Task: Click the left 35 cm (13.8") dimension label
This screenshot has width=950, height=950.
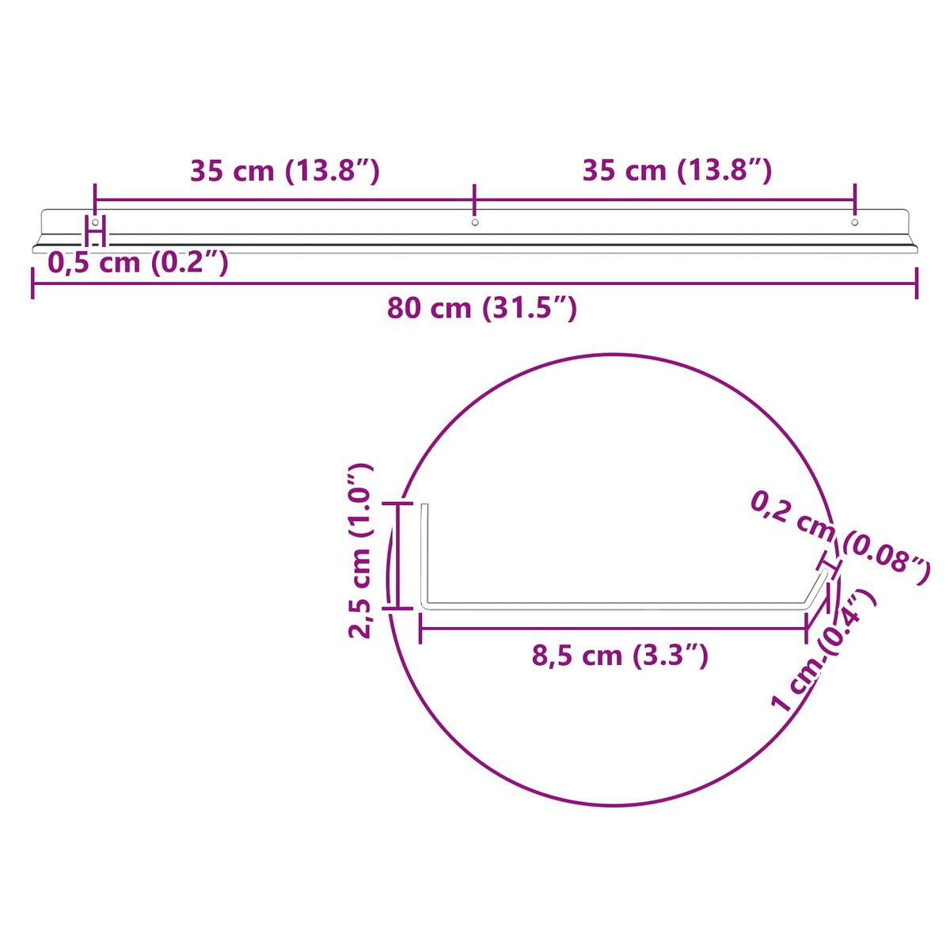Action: [285, 171]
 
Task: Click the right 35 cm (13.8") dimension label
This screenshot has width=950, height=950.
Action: [677, 171]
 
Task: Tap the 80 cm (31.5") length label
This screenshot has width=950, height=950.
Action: [481, 308]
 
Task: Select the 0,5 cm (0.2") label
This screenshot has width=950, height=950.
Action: [139, 262]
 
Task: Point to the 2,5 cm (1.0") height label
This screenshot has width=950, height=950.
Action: [360, 551]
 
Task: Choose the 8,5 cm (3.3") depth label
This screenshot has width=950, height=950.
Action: [619, 655]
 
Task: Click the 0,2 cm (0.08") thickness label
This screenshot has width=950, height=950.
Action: [839, 538]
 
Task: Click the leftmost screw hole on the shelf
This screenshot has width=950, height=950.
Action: [95, 222]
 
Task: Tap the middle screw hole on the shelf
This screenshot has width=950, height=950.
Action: [475, 222]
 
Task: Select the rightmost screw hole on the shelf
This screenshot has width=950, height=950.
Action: [854, 222]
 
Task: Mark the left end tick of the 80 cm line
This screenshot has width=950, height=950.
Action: [32, 283]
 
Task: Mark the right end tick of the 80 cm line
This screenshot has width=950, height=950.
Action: [917, 283]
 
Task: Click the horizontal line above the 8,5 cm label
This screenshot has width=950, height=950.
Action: [614, 629]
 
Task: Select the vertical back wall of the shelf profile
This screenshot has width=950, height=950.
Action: [424, 554]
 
